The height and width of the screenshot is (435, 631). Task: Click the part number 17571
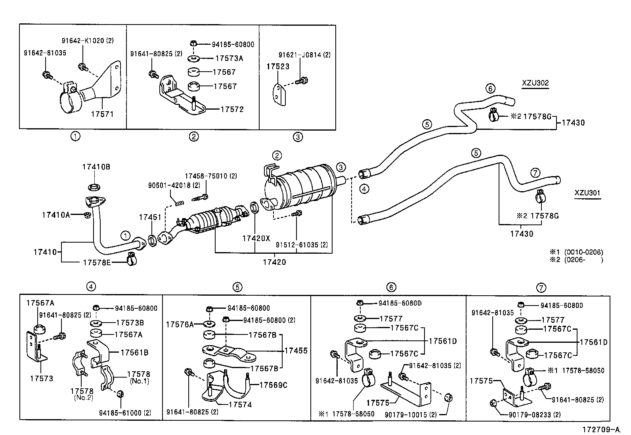coord(102,114)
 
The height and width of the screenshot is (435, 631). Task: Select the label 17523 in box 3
coord(277,66)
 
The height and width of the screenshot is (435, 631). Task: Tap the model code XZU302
coord(535,84)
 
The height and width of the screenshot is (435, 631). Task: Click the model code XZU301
coord(587,193)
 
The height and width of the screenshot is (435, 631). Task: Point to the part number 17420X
coord(256,238)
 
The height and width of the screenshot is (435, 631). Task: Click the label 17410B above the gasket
coord(96,167)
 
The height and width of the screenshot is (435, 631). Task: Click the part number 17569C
coord(273,385)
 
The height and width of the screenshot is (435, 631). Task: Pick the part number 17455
coord(296,351)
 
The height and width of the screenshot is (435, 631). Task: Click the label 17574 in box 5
coord(240,405)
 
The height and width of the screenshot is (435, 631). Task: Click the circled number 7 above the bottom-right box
coord(541,288)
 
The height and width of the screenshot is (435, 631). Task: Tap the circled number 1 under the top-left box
coord(75,137)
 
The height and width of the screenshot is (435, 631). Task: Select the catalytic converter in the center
coord(214,220)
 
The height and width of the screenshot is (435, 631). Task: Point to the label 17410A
coord(56,215)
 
